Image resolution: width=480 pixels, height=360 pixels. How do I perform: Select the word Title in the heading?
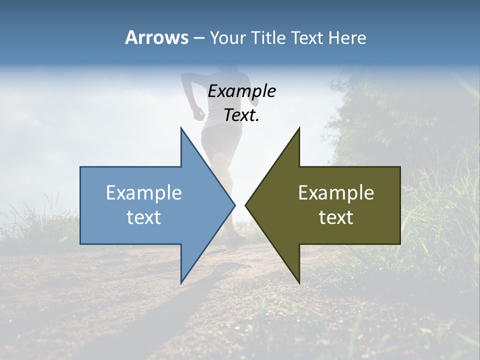[268, 37]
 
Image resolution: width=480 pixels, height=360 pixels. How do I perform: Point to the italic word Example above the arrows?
[242, 91]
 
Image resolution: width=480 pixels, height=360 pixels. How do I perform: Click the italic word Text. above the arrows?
[242, 115]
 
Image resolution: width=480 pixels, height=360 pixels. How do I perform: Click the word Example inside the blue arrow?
[144, 193]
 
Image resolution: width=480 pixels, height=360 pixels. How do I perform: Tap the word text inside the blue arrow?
[144, 217]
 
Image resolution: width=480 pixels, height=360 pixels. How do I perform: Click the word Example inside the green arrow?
[336, 193]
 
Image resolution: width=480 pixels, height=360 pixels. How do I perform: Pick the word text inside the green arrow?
[336, 217]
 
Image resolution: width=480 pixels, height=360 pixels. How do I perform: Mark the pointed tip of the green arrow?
[246, 205]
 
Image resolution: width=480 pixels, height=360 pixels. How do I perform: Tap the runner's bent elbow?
[199, 113]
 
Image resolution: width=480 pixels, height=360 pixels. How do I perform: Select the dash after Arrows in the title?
[198, 38]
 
